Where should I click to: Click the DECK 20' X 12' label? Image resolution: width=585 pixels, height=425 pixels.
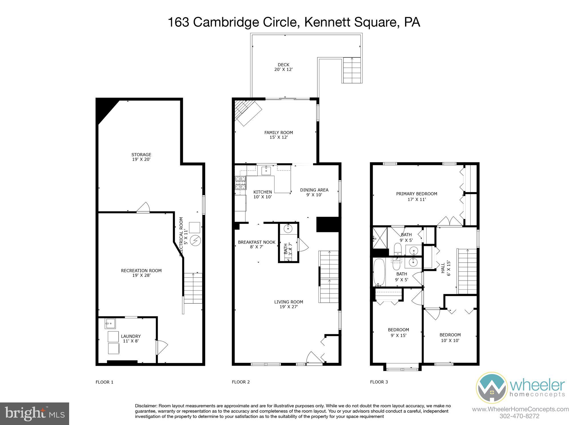click(283, 67)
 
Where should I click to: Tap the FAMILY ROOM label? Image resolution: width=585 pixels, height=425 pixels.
click(279, 135)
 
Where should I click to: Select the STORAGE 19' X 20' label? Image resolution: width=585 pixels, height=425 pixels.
click(141, 157)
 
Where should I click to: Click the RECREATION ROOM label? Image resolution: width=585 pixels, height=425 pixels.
click(141, 273)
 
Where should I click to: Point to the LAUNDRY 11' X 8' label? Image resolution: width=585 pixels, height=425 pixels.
click(131, 339)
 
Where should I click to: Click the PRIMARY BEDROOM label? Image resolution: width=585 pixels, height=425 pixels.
click(416, 196)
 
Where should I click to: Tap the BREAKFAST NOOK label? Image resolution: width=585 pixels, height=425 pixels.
click(257, 244)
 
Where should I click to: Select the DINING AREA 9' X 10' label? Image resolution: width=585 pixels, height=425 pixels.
click(314, 192)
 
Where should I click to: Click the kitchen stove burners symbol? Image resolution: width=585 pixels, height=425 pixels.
click(241, 183)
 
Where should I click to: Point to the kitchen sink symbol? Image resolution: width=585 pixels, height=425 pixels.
click(266, 171)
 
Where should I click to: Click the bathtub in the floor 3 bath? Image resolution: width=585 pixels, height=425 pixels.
click(379, 272)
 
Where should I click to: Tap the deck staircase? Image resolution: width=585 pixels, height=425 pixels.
click(352, 70)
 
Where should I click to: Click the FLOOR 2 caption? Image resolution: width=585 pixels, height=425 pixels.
click(241, 382)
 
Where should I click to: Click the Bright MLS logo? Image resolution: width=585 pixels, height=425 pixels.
click(35, 414)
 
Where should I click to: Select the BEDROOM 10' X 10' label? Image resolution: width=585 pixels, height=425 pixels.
click(450, 337)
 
